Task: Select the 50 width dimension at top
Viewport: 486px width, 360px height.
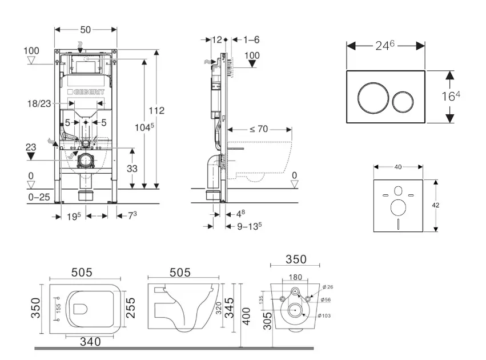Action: [x=86, y=29]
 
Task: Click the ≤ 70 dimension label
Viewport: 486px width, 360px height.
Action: [x=259, y=129]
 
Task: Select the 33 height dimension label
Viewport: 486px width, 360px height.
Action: [x=132, y=169]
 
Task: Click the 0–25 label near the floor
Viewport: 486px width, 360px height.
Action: [x=39, y=197]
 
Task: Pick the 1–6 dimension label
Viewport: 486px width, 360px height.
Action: [x=252, y=39]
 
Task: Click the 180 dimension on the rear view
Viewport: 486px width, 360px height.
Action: [x=295, y=277]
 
